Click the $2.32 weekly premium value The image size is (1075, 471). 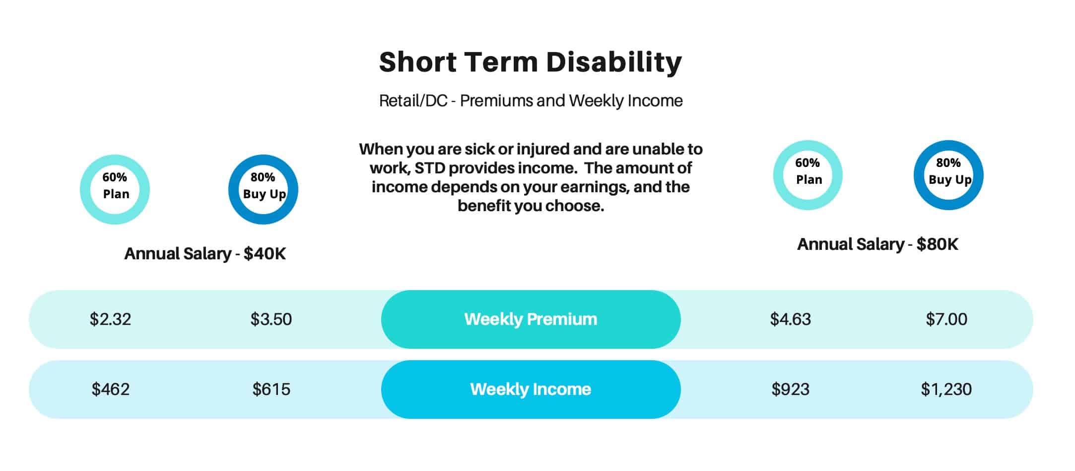click(x=110, y=319)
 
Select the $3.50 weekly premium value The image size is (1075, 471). click(x=271, y=319)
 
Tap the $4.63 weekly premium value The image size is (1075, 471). click(x=791, y=319)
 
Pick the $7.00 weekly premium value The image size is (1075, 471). click(x=946, y=319)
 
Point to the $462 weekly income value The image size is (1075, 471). click(x=110, y=389)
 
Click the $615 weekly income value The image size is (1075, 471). click(x=271, y=389)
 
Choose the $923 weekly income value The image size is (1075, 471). click(x=791, y=389)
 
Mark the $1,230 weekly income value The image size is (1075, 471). click(x=946, y=389)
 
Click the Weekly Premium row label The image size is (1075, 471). click(x=531, y=319)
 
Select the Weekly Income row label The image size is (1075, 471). click(x=531, y=389)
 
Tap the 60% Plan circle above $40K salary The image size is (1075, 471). click(x=85, y=189)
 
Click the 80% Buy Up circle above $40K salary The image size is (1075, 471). click(x=234, y=189)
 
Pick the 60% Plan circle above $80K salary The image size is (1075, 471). click(x=779, y=175)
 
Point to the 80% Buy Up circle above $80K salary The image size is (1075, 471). click(x=919, y=175)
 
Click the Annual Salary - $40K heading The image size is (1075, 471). click(x=205, y=254)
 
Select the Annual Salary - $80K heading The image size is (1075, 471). click(x=878, y=244)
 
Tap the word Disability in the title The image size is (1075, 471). click(x=614, y=62)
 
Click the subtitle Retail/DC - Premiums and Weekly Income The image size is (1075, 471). click(x=531, y=101)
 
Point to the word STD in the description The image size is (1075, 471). click(x=430, y=168)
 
